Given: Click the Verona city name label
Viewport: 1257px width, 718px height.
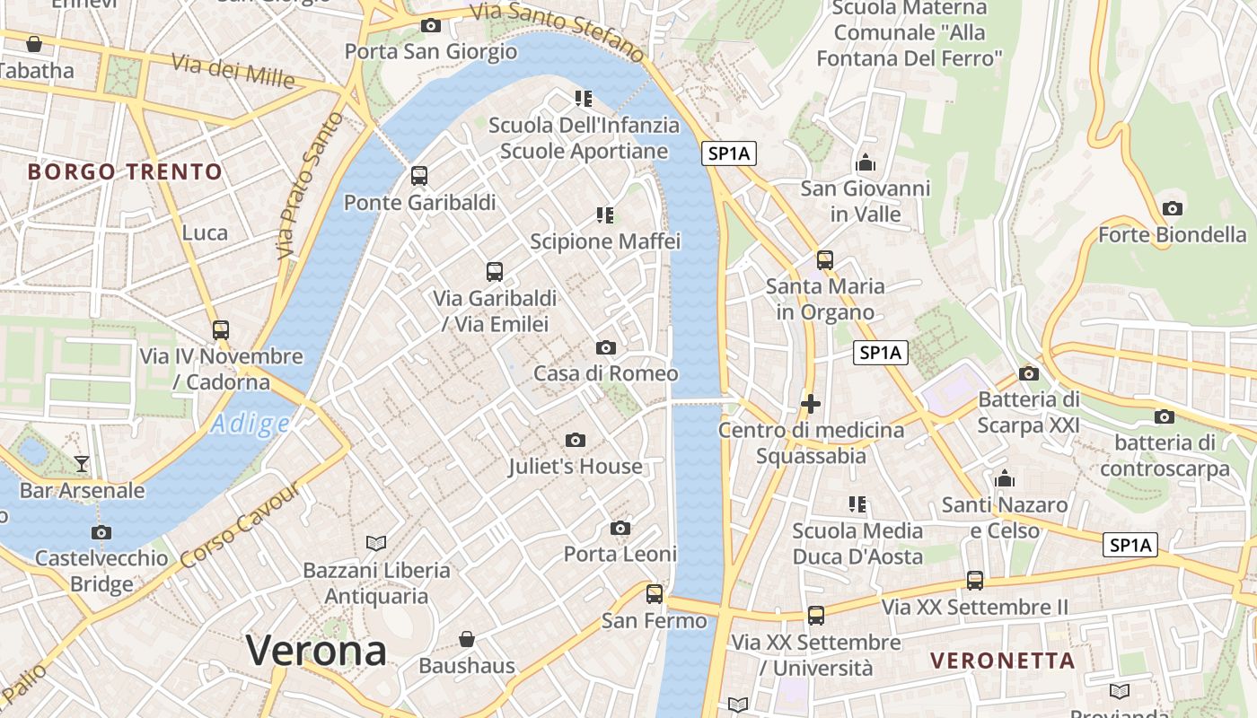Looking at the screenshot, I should (x=316, y=650).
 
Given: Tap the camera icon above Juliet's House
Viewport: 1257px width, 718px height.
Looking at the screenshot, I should (x=576, y=440).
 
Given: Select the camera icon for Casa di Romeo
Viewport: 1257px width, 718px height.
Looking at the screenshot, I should (x=606, y=347).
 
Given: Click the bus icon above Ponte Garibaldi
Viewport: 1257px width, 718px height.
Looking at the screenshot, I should (x=419, y=176).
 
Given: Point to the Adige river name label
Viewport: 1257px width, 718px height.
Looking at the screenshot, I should (x=250, y=424).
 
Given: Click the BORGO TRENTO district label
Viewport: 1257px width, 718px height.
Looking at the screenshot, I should (x=125, y=171).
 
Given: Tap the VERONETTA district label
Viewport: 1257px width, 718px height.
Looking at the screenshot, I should (x=1002, y=661).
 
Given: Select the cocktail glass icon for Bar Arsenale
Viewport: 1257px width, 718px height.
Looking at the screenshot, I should (x=82, y=464).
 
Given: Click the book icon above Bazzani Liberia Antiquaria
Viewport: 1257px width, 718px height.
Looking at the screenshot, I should (x=376, y=543).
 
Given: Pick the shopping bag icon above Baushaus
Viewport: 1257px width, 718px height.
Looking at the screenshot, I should (x=467, y=639).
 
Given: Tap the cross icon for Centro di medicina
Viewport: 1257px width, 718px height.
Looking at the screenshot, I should (x=811, y=404).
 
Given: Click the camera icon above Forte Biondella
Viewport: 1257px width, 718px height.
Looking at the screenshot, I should (x=1172, y=209).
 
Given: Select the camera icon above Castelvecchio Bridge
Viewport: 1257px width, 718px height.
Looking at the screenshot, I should (x=101, y=532).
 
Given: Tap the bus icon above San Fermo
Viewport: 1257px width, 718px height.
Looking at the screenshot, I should (x=655, y=593).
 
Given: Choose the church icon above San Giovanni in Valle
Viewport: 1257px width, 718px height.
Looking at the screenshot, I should (x=866, y=162).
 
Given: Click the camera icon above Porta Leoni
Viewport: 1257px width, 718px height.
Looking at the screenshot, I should (x=620, y=528).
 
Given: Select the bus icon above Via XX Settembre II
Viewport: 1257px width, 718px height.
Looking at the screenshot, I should (x=975, y=581).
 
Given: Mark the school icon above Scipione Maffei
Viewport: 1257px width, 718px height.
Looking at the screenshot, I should (x=605, y=215).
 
